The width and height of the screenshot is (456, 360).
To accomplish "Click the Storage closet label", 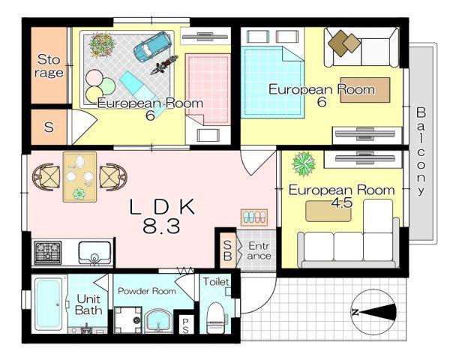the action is click(x=49, y=66).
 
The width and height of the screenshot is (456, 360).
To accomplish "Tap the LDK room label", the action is click(x=162, y=207).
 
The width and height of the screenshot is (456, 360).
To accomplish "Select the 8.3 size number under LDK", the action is click(x=161, y=226).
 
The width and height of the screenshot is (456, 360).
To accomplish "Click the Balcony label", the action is click(x=421, y=151).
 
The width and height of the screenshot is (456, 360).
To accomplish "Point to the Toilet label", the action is click(x=216, y=281).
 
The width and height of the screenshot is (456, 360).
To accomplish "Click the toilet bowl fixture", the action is click(x=215, y=317).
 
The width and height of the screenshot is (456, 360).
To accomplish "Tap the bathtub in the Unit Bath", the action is click(x=49, y=304).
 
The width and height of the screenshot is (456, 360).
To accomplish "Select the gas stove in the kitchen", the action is click(x=48, y=253).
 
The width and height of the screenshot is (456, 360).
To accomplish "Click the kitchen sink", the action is click(x=94, y=253).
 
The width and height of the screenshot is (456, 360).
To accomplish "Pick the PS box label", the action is click(x=185, y=325).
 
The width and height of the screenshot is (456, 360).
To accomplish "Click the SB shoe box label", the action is click(x=227, y=250).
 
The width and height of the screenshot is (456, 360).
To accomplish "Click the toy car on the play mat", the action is click(x=152, y=46).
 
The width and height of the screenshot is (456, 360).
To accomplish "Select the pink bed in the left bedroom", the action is click(x=207, y=89).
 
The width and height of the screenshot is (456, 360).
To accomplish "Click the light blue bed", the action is click(x=272, y=82).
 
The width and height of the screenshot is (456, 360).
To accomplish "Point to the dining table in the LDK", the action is click(x=80, y=177).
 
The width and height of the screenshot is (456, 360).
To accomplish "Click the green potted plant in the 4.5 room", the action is click(x=304, y=163).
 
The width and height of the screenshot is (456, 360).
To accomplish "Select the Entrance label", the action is click(x=259, y=250).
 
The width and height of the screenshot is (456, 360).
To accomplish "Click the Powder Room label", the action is click(x=147, y=291).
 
